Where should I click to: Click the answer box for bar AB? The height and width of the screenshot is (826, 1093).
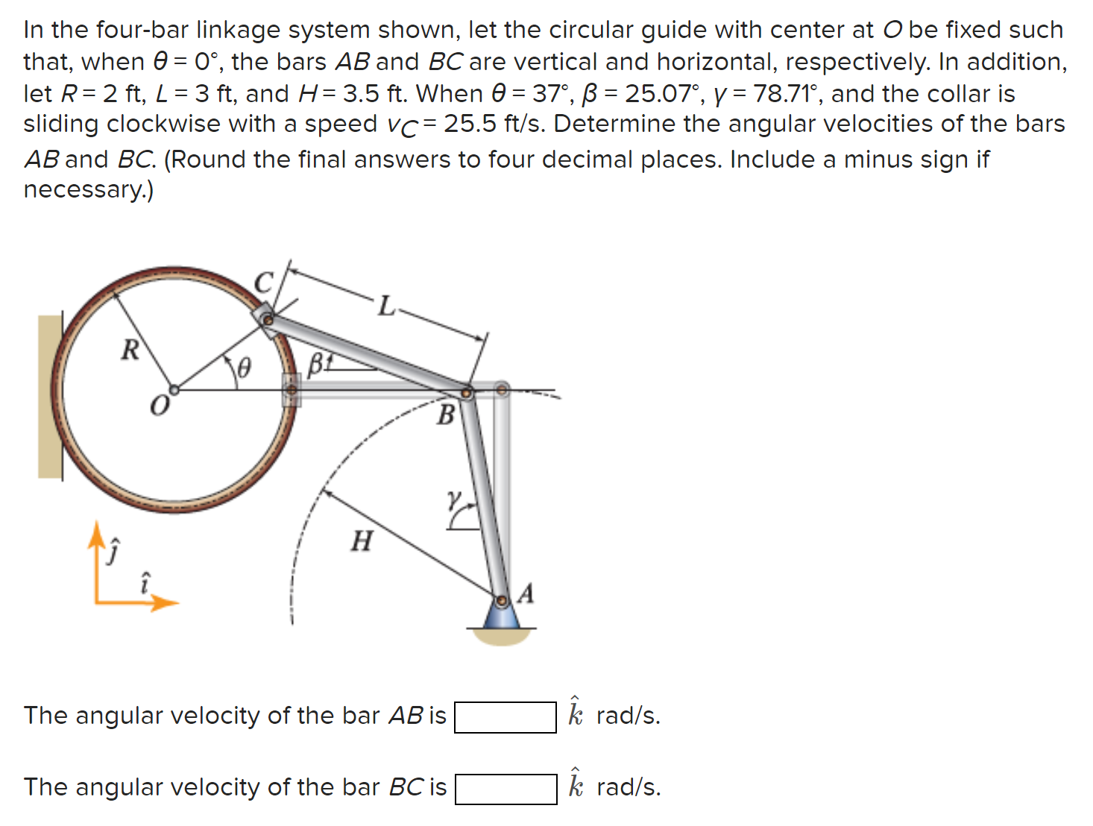tap(505, 717)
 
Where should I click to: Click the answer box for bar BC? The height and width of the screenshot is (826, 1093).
tap(505, 789)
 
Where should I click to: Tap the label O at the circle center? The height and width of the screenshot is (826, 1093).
tap(159, 406)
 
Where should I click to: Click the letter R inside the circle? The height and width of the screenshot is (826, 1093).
tap(130, 350)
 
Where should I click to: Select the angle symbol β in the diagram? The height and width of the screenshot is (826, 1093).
tap(315, 364)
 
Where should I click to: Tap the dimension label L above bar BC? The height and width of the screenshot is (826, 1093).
tap(385, 306)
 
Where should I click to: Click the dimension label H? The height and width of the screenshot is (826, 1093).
tap(362, 540)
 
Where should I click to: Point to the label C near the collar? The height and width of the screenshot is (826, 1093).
tap(263, 283)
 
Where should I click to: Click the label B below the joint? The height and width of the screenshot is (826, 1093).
tap(445, 415)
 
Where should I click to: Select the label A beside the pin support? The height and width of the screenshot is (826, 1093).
tap(526, 594)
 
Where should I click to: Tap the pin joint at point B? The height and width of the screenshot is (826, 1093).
tap(467, 392)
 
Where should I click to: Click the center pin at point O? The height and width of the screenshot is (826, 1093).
tap(174, 389)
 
